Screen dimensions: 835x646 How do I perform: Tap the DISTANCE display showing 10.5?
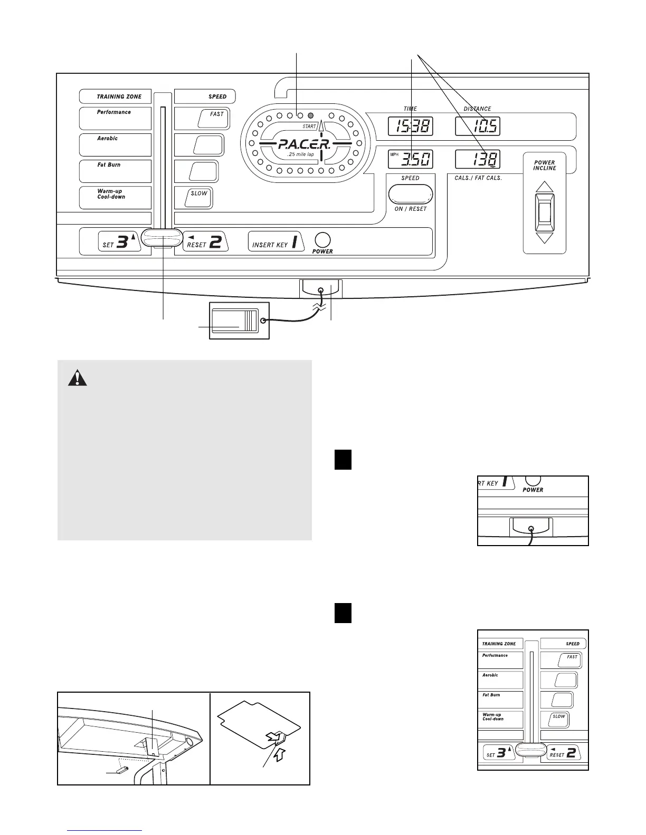pos(478,127)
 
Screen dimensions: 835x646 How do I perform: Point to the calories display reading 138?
pos(478,159)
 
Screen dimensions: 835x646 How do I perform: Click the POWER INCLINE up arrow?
pos(544,187)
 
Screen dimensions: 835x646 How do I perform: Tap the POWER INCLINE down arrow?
pos(544,237)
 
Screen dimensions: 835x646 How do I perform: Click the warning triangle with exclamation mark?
pos(79,379)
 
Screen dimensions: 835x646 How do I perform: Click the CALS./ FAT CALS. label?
pos(478,178)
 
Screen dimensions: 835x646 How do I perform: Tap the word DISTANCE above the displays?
pos(477,109)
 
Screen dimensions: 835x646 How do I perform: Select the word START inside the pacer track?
pos(309,127)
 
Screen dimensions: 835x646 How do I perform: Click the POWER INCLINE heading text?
pos(544,166)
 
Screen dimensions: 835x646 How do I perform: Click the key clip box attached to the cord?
pos(240,321)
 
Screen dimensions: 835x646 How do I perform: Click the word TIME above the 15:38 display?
pos(410,109)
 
